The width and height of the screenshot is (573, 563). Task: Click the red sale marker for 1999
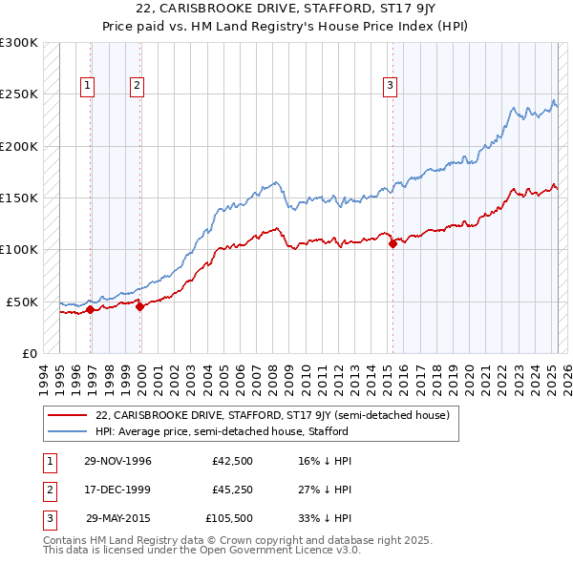[140, 306]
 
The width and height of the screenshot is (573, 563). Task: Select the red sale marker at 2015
[393, 243]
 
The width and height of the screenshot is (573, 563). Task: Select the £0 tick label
[29, 353]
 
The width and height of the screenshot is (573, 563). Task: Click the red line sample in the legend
[67, 415]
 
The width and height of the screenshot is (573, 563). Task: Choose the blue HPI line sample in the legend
[67, 431]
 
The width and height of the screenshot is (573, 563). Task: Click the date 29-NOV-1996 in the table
[117, 460]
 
